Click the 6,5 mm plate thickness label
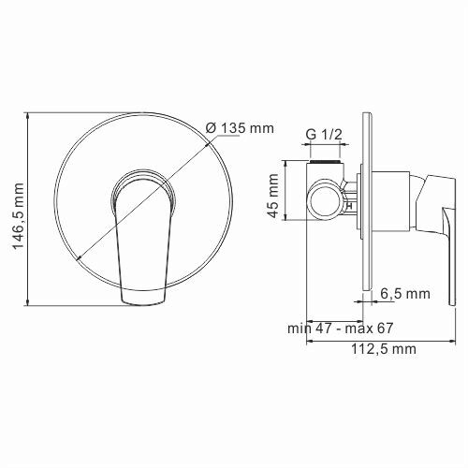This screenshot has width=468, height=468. click(x=404, y=294)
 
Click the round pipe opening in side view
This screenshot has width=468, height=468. click(x=326, y=196)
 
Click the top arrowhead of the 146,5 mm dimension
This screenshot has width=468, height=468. click(x=32, y=117)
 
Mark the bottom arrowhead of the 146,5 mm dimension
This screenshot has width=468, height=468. click(x=32, y=301)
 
